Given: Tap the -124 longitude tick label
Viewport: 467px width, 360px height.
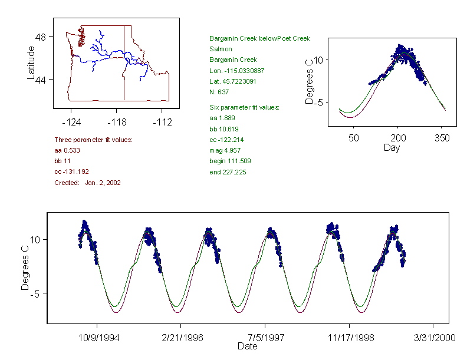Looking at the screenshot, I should [71, 122].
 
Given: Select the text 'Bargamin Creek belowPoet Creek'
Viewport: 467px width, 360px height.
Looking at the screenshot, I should [259, 39].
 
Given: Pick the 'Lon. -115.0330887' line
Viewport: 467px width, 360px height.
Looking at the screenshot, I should [236, 71].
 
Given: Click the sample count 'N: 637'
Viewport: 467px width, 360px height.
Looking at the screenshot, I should [219, 92].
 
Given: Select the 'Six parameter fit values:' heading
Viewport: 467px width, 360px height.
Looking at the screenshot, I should [244, 107].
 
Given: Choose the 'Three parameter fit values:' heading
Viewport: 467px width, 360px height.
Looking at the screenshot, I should [93, 140].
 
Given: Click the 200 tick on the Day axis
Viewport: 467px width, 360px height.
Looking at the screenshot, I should [398, 137].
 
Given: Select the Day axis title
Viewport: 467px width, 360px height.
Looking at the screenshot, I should [392, 147].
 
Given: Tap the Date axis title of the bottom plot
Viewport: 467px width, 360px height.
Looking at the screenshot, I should [248, 346].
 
